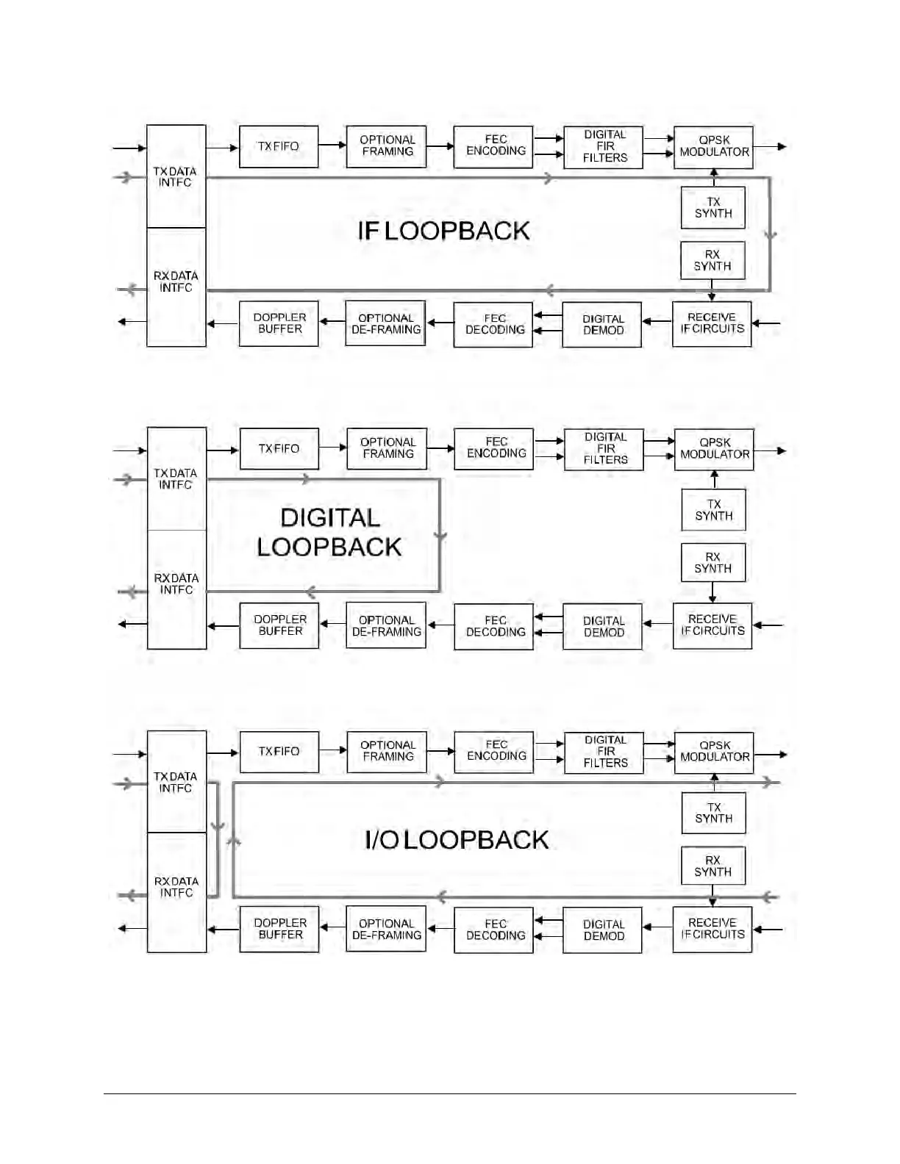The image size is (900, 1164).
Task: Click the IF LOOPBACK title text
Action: (443, 231)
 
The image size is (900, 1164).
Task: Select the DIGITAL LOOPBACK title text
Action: (329, 533)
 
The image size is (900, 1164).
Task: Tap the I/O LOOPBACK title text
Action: (457, 840)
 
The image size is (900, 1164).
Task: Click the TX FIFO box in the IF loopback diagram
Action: (279, 146)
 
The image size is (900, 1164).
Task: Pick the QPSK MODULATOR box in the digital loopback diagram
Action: (714, 449)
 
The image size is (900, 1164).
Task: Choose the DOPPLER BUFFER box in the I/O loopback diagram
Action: (279, 929)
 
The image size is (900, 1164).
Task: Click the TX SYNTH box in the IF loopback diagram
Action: (713, 208)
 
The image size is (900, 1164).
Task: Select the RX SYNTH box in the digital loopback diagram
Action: (713, 563)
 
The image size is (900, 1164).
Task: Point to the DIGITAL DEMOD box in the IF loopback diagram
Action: (602, 325)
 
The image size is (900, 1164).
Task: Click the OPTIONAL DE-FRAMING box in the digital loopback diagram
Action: (386, 626)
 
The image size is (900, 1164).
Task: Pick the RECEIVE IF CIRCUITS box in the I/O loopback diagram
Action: (712, 929)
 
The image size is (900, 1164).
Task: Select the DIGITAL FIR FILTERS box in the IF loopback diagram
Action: (604, 147)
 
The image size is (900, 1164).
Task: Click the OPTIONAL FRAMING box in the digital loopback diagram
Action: (387, 448)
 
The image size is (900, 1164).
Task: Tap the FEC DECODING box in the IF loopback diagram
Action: (493, 325)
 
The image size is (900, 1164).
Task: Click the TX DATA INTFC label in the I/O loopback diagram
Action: (176, 782)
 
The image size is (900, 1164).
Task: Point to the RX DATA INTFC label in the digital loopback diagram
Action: (176, 584)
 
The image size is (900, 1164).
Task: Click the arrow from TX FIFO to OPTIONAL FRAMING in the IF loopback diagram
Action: (332, 145)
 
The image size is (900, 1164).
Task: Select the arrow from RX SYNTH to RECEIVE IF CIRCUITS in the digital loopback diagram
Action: (712, 593)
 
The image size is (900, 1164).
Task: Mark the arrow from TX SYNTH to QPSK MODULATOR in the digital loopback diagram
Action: (714, 479)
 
